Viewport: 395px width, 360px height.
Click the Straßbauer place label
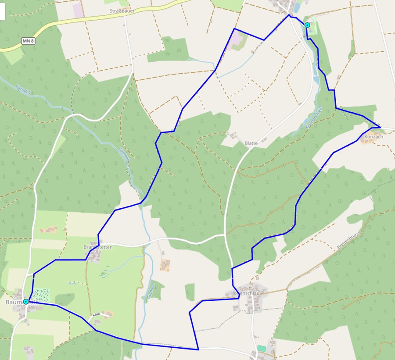pyautogui.click(x=122, y=10)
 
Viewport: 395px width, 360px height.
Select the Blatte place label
pyautogui.click(x=251, y=143)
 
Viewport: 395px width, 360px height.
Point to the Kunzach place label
pyautogui.click(x=373, y=137)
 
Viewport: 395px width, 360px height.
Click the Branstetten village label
pyautogui.click(x=98, y=247)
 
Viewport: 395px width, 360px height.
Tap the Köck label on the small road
pyautogui.click(x=97, y=315)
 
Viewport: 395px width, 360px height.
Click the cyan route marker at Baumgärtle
pyautogui.click(x=26, y=302)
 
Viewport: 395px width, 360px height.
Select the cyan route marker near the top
pyautogui.click(x=307, y=25)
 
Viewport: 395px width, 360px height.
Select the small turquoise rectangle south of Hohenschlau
pyautogui.click(x=262, y=348)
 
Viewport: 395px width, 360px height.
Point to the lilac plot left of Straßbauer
pyautogui.click(x=78, y=10)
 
